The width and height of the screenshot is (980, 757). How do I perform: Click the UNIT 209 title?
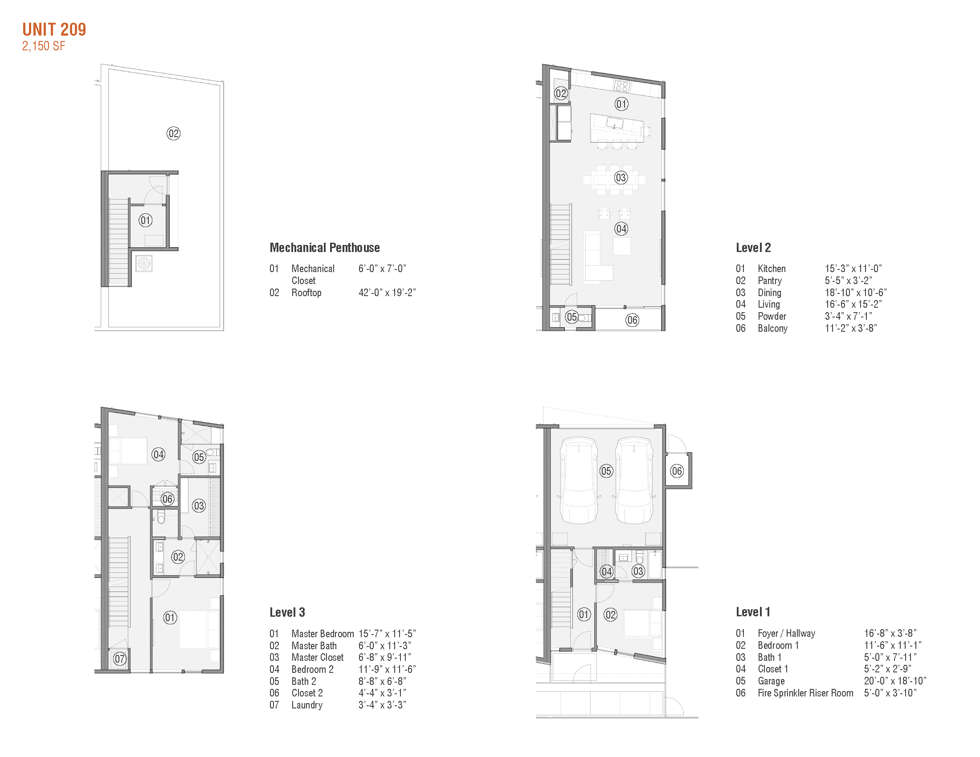[x=54, y=29]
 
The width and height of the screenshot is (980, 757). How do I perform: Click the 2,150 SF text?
[x=44, y=46]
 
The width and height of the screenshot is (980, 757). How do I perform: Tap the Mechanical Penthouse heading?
[x=324, y=248]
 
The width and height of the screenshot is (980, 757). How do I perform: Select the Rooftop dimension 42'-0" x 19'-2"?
[x=387, y=293]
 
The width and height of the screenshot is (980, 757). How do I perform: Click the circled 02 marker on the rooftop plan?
[x=173, y=133]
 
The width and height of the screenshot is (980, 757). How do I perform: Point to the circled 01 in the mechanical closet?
[x=145, y=220]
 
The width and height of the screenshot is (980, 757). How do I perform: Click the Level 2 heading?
[x=753, y=248]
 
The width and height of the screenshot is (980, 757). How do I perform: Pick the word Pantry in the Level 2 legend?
[x=770, y=281]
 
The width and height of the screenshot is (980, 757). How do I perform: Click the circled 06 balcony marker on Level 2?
[x=632, y=320]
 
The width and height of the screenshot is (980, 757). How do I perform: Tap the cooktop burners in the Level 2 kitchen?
[x=621, y=85]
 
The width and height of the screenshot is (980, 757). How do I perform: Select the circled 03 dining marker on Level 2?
[x=621, y=178]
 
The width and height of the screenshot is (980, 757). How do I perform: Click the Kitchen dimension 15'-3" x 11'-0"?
[x=853, y=269]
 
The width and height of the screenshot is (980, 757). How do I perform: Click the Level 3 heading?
[x=287, y=612]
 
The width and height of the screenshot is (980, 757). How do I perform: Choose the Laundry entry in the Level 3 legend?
[x=307, y=705]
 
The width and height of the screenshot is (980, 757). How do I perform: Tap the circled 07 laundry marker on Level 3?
[x=119, y=659]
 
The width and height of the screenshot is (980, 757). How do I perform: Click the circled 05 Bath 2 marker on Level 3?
[x=199, y=457]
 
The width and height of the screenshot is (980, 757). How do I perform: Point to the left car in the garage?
[x=579, y=480]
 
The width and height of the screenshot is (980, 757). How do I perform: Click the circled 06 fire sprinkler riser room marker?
[x=677, y=471]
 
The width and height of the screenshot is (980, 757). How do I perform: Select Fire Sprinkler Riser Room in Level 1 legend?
[x=805, y=693]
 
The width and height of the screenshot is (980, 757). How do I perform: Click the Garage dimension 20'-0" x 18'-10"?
[x=895, y=681]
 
